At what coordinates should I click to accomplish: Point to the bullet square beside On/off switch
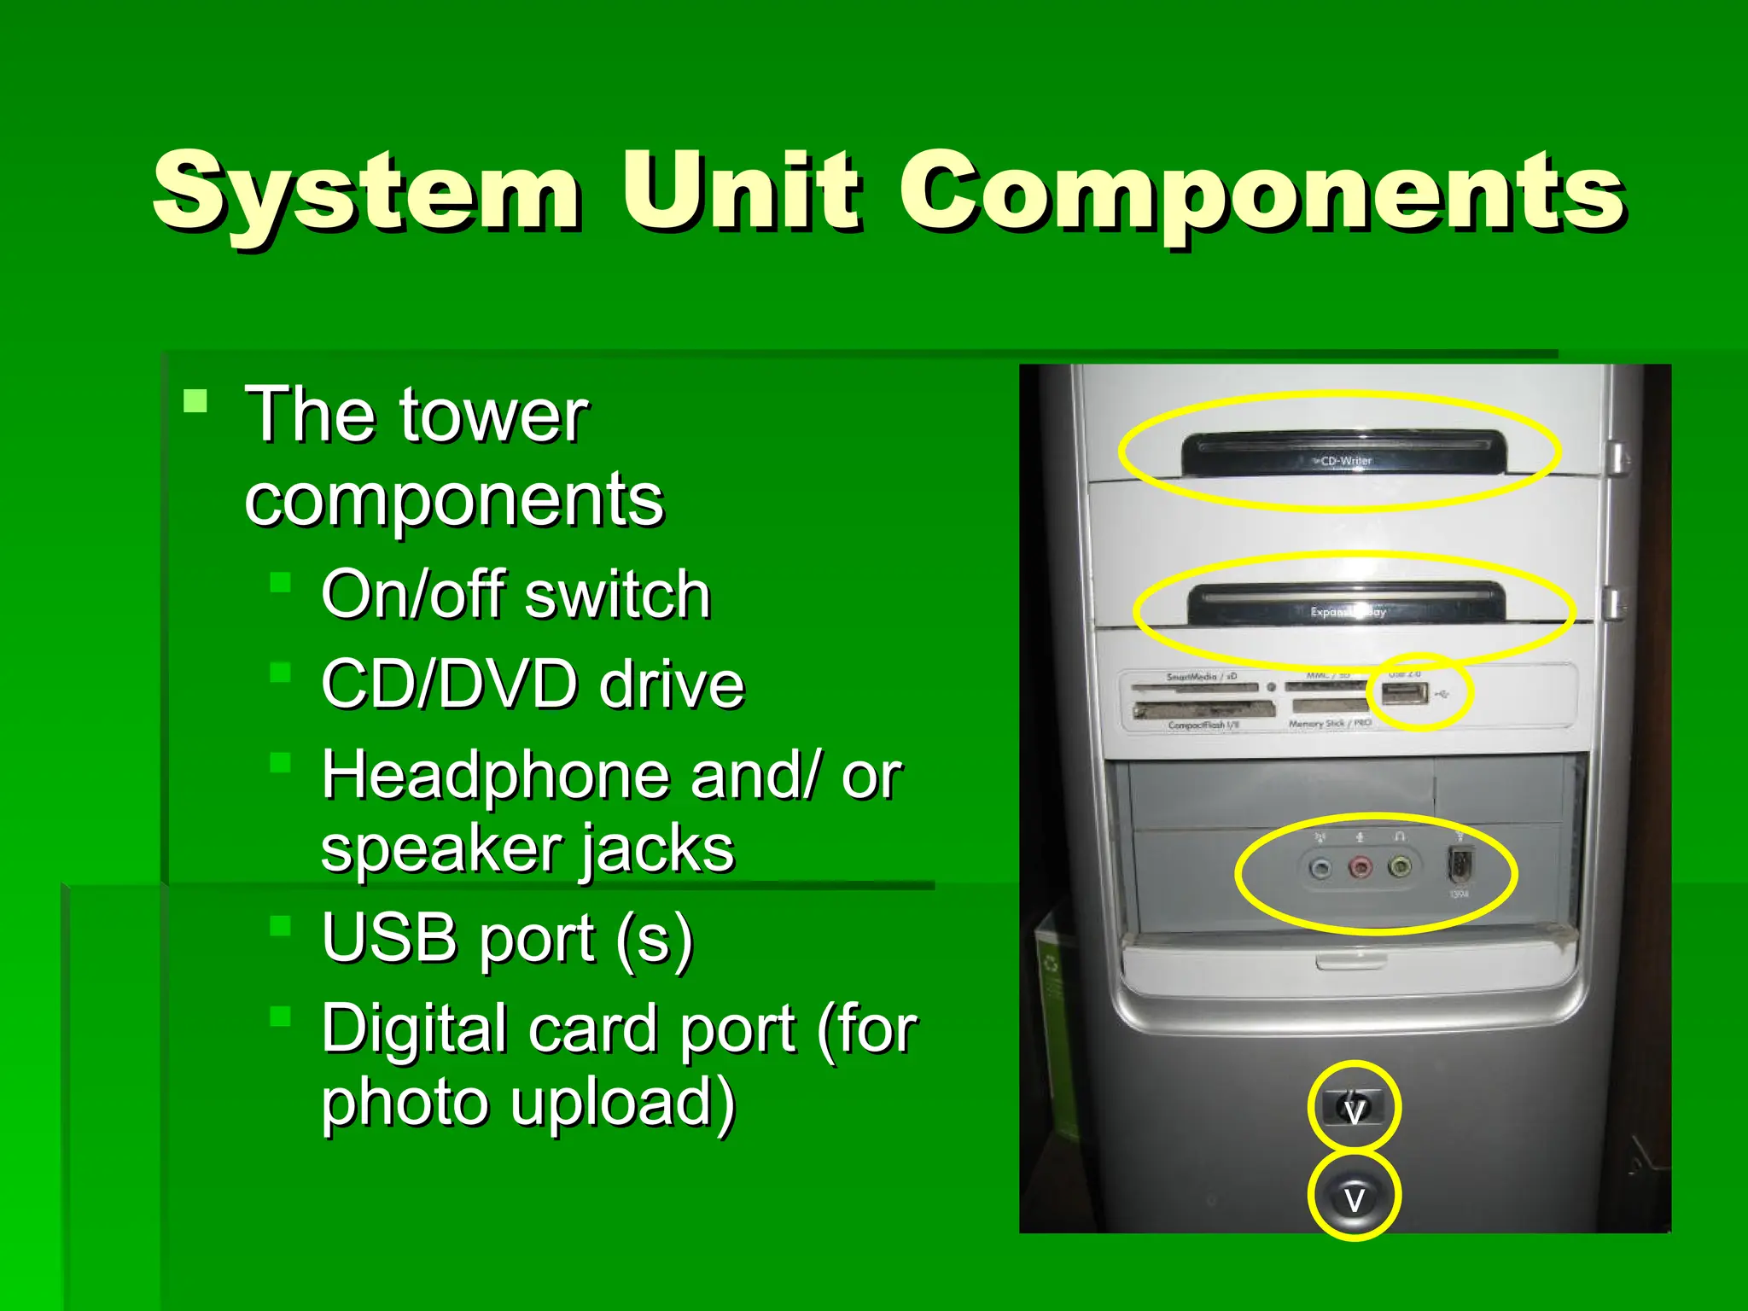[x=280, y=583]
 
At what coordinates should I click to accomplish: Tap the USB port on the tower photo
[x=1405, y=693]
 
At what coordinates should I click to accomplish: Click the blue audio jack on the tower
[x=1320, y=870]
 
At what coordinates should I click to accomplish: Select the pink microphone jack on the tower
[x=1360, y=869]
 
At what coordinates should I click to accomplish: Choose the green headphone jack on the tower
[x=1399, y=868]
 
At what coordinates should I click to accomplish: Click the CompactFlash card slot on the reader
[x=1203, y=709]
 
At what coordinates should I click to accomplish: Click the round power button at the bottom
[x=1354, y=1197]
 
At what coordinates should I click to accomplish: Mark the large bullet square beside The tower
[x=195, y=401]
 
